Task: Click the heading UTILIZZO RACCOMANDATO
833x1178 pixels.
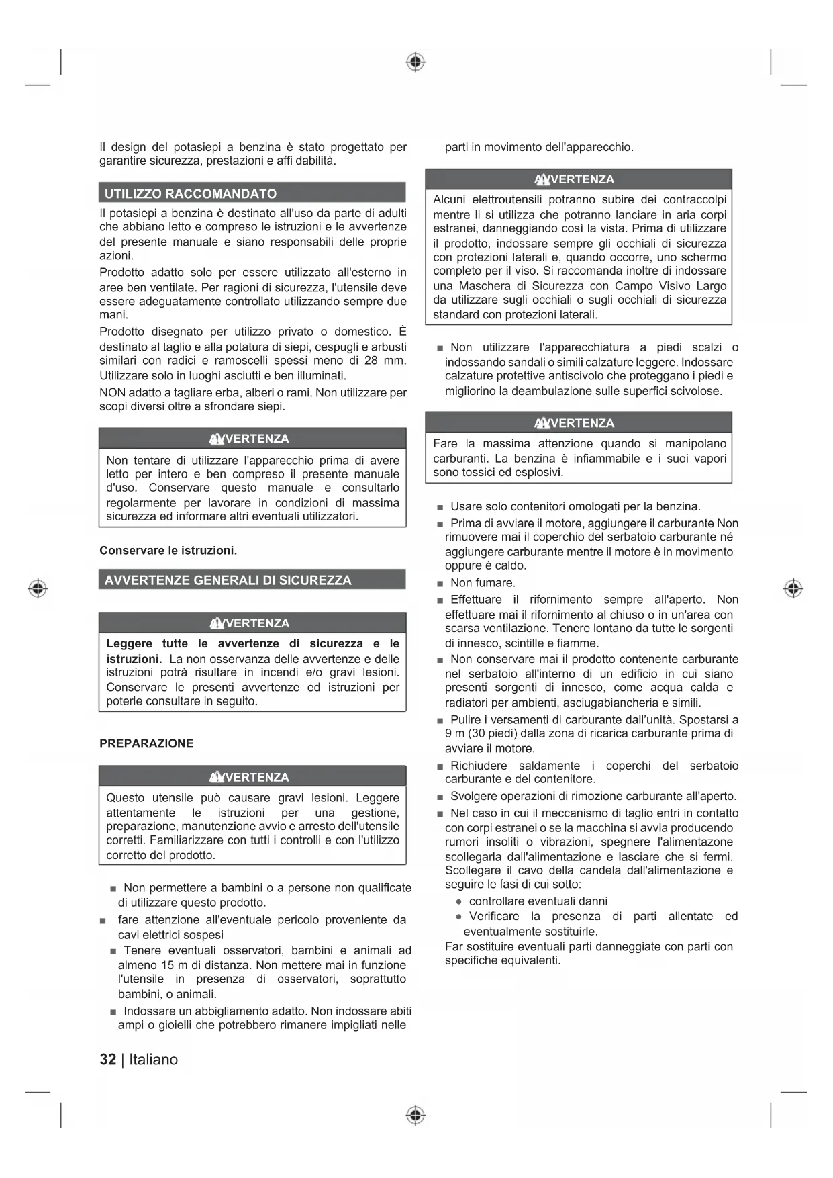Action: click(191, 194)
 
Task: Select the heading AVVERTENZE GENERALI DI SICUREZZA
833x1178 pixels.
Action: click(228, 580)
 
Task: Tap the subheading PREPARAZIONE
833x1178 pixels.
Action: click(146, 743)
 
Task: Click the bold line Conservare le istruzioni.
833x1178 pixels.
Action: click(168, 551)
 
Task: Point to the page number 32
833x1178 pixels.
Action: click(107, 1060)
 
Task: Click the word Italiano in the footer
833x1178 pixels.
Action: click(154, 1060)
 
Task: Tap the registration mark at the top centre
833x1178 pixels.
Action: click(415, 62)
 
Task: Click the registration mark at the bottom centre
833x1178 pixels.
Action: click(415, 1116)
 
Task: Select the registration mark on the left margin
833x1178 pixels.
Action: click(38, 589)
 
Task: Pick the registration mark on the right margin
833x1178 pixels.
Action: click(793, 589)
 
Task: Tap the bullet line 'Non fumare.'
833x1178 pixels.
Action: click(483, 583)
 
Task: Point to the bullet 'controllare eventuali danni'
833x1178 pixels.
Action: click(538, 901)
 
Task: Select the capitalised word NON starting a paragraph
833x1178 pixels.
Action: click(112, 392)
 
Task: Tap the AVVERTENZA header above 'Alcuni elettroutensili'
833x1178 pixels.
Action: click(579, 179)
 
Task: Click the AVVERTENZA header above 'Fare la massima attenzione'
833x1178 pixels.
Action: click(579, 423)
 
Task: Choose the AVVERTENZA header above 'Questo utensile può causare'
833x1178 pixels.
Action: click(252, 777)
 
